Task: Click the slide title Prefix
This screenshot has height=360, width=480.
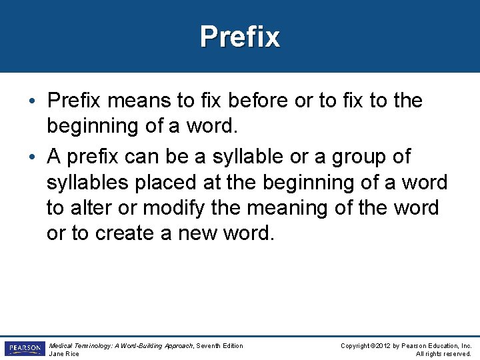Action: coord(240,37)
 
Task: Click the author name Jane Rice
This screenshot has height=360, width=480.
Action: coord(64,354)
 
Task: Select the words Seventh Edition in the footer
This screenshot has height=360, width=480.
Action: coord(221,345)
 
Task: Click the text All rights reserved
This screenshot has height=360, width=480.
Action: coord(444,354)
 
